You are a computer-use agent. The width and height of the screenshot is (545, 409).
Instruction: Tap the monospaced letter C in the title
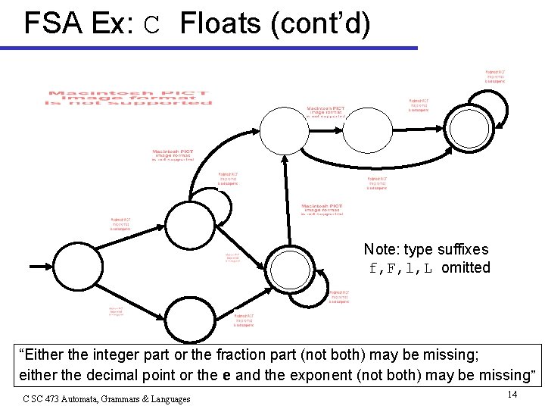tap(152, 27)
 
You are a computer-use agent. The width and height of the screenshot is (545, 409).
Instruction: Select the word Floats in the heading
tap(220, 24)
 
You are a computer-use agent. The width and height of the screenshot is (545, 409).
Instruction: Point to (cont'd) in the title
tap(320, 24)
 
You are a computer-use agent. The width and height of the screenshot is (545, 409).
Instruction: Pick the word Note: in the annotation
tap(381, 249)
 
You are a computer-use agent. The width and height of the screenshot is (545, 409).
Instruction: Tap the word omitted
tap(466, 267)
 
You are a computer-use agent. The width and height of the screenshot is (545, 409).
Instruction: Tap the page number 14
tap(512, 394)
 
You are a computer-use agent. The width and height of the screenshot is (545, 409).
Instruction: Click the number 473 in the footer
tap(51, 398)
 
